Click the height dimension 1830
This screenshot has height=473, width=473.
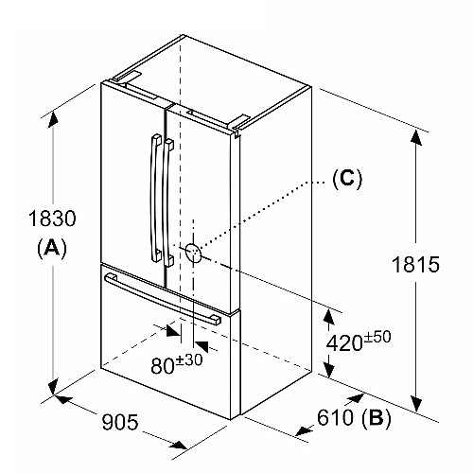(x=52, y=218)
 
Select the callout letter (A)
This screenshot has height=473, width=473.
(x=52, y=247)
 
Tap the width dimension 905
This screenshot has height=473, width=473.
(x=120, y=422)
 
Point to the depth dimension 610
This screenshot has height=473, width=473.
(x=336, y=417)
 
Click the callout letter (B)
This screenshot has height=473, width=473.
(x=377, y=417)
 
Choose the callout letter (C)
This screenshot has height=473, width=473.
(x=347, y=179)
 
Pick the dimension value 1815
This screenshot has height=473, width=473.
(x=415, y=264)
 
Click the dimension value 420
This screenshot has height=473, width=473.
(x=344, y=342)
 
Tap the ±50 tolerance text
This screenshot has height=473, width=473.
(x=377, y=337)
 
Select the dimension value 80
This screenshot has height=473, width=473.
(x=163, y=366)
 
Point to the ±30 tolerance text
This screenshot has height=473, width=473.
(x=189, y=360)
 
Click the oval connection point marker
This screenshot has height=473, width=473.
(x=193, y=253)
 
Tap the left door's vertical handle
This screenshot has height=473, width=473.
(x=155, y=199)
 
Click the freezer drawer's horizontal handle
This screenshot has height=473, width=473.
(x=162, y=299)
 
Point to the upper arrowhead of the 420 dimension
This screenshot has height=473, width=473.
(x=329, y=317)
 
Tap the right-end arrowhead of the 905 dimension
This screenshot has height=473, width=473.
(x=178, y=445)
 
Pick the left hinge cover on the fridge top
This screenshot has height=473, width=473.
(x=126, y=78)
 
